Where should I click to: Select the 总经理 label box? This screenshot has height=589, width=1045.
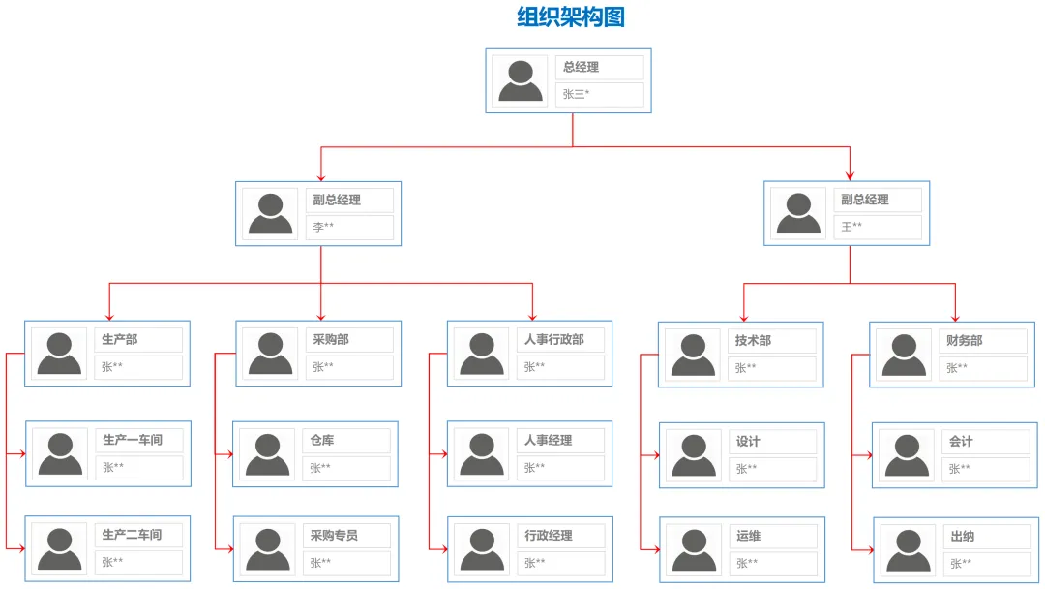[x=599, y=68]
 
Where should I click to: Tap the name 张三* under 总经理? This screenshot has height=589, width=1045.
[x=599, y=94]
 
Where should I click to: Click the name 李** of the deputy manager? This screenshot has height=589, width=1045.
[x=349, y=227]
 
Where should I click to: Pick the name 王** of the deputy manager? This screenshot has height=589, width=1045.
[x=878, y=227]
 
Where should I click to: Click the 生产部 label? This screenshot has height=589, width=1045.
[x=138, y=340]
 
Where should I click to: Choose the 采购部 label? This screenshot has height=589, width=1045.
[x=349, y=340]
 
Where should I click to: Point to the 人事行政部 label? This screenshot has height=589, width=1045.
[x=560, y=340]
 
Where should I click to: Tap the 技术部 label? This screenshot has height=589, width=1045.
[x=771, y=341]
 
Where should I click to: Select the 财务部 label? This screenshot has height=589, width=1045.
[x=983, y=341]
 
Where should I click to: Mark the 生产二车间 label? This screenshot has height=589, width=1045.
[x=138, y=535]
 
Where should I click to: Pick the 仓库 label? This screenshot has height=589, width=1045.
[x=346, y=441]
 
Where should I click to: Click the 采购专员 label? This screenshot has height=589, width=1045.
[x=346, y=536]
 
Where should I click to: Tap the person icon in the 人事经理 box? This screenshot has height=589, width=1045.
[x=481, y=453]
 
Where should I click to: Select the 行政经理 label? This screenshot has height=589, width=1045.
[x=561, y=536]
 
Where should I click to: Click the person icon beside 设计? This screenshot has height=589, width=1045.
[x=694, y=454]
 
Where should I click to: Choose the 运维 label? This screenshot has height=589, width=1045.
[x=772, y=537]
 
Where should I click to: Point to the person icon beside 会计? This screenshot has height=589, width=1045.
[x=907, y=454]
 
